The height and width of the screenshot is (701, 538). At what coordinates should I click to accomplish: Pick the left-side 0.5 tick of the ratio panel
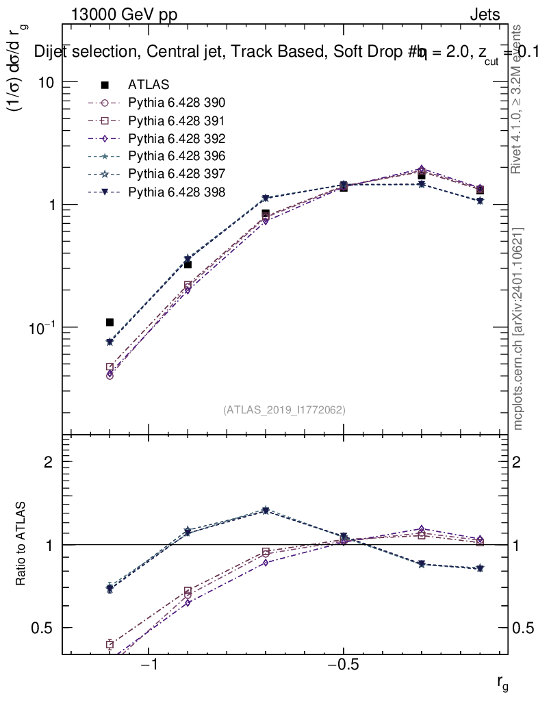pos(42,628)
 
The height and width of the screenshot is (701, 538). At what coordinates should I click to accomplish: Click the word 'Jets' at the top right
pos(484,15)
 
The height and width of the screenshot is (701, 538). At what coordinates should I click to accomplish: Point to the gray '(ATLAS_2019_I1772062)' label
pos(284,410)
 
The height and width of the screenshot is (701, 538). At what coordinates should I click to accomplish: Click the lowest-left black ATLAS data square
pos(110,322)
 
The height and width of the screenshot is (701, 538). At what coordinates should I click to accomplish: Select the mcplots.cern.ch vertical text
pos(519,329)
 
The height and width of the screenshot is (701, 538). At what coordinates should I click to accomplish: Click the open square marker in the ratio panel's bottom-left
pos(110,644)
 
